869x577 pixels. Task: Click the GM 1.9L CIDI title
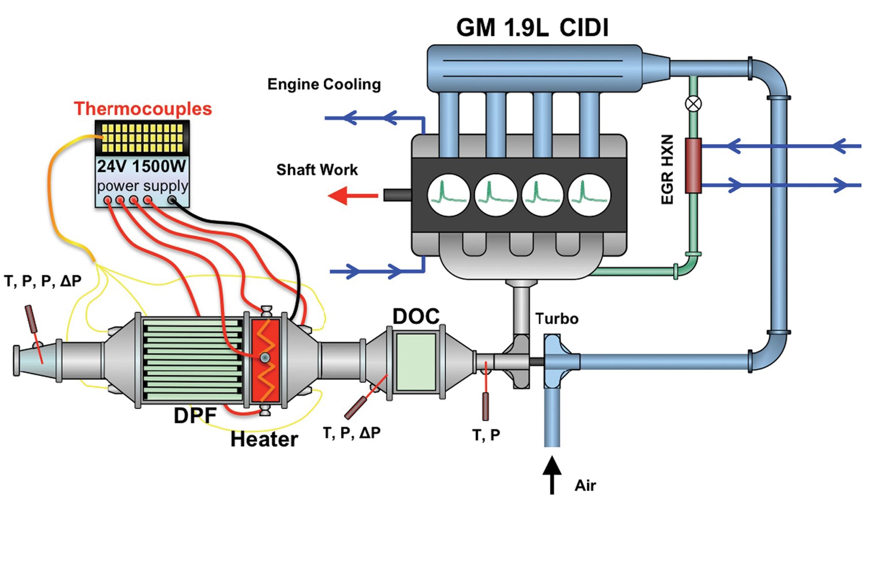(532, 28)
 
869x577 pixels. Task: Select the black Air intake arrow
(552, 475)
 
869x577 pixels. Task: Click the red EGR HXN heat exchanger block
(693, 165)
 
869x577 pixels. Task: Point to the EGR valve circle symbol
(693, 104)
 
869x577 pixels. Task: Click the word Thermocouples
(143, 109)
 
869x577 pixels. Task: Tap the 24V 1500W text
(142, 166)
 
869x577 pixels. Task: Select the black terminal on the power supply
(172, 199)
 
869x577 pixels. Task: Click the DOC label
(416, 317)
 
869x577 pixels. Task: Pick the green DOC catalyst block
(416, 362)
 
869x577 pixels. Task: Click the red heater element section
(266, 361)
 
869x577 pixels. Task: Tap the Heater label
(264, 440)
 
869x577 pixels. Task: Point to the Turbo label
(557, 319)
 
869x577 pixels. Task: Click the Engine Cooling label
(324, 84)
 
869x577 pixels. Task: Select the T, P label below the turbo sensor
(486, 435)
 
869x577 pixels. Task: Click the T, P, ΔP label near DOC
(352, 433)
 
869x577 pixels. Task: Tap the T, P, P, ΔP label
(42, 281)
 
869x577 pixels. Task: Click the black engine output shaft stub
(397, 195)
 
